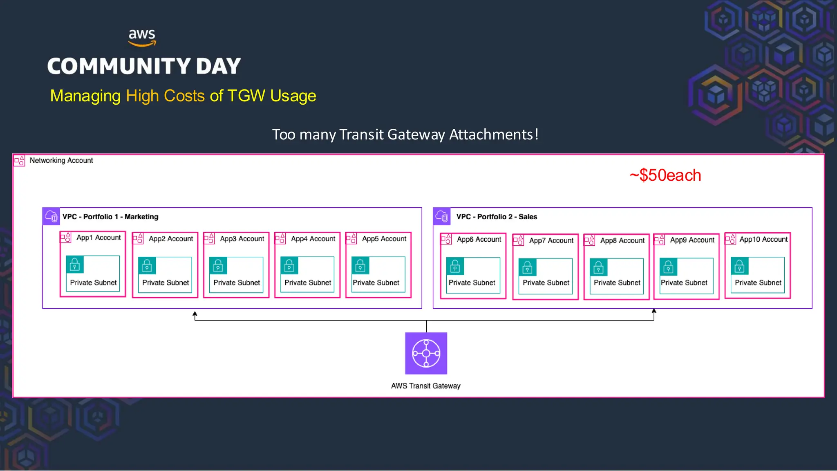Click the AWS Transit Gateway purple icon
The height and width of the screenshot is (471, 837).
(426, 353)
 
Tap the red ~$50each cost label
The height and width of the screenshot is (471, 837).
(665, 175)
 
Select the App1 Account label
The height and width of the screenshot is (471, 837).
(98, 238)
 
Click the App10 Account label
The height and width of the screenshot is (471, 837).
(763, 239)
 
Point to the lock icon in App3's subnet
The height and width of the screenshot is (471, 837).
(218, 266)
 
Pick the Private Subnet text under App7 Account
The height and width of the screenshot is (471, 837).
(546, 283)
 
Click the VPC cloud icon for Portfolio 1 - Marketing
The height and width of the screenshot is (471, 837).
(51, 216)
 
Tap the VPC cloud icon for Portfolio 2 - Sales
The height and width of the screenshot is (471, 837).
(442, 216)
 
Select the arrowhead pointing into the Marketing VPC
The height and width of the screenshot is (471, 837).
(195, 314)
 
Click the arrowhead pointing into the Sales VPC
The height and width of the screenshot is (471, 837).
(654, 312)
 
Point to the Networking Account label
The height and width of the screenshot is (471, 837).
(61, 160)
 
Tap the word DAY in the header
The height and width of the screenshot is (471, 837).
(218, 66)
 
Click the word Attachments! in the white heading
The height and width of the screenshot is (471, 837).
(494, 135)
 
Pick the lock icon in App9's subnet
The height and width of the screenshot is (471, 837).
(669, 267)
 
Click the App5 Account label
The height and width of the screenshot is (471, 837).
(384, 239)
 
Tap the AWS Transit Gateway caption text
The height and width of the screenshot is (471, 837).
(425, 386)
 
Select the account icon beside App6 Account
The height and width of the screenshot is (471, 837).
(446, 239)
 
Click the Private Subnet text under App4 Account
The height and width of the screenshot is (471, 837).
(308, 283)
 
